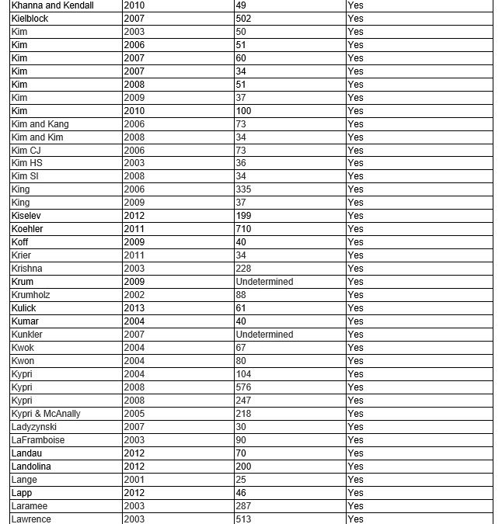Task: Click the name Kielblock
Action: coord(30,19)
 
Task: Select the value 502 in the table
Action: coord(243,19)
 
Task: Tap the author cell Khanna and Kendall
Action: coord(53,5)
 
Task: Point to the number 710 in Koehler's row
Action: coord(243,229)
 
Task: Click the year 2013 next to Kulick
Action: coord(134,308)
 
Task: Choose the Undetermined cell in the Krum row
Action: coord(264,282)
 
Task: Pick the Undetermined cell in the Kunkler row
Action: coord(264,335)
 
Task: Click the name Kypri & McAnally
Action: coord(46,414)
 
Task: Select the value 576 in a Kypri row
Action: coord(243,387)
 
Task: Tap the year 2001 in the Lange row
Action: coord(134,480)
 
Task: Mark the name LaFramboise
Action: coord(38,440)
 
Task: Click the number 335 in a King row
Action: coord(243,189)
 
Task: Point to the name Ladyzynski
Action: coord(34,427)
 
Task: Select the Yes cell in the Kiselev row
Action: coord(355,216)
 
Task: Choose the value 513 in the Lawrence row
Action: coord(243,519)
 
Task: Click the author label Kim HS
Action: coord(27,163)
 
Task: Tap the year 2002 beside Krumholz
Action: coord(134,295)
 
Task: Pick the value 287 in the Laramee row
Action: coord(243,506)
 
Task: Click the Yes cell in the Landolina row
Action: coord(355,467)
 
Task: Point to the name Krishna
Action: coord(27,269)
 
